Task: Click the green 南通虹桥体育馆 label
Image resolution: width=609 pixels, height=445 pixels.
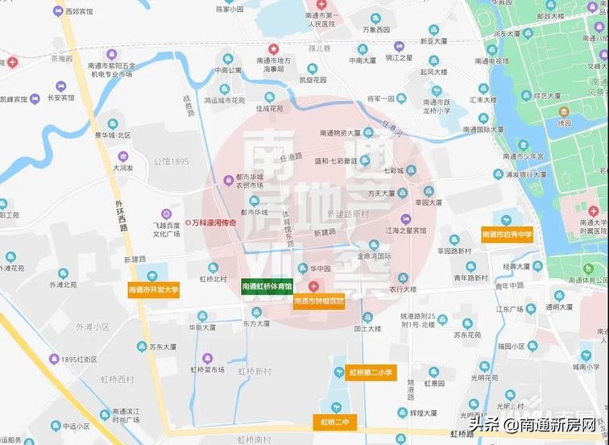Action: point(268,286)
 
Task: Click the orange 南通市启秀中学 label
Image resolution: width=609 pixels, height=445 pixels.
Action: point(507,235)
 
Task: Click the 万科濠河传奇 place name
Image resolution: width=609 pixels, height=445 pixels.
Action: point(213,222)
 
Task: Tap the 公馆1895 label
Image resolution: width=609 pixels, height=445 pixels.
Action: point(171,162)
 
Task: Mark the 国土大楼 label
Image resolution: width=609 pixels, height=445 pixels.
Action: point(366,329)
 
